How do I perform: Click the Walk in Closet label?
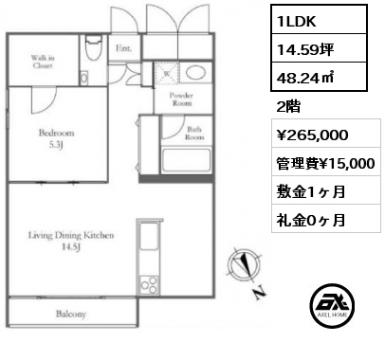coord(43,62)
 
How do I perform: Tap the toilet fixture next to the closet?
coord(94,47)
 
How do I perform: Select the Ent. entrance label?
coord(123,48)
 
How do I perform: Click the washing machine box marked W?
coord(167,73)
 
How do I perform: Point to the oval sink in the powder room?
coord(196,73)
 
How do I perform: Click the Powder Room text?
coord(181,99)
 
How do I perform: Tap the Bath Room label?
coord(194,133)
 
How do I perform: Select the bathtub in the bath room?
coord(186,160)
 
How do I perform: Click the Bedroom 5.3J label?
coord(56,138)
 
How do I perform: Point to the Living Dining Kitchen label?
coord(71,241)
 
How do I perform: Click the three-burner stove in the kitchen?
coord(149,285)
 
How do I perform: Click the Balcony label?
coord(71,314)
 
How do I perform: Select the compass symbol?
coord(244,265)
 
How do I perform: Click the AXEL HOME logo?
coord(332,305)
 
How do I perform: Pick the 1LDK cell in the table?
coord(319,20)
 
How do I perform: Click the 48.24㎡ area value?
coord(319,77)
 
